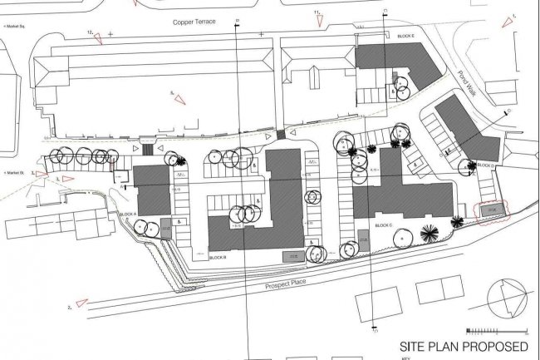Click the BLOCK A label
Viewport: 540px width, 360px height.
(129, 215)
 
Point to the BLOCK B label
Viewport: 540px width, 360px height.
(218, 257)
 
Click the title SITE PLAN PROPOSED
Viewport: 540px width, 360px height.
(464, 345)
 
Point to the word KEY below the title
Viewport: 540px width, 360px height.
(405, 358)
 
